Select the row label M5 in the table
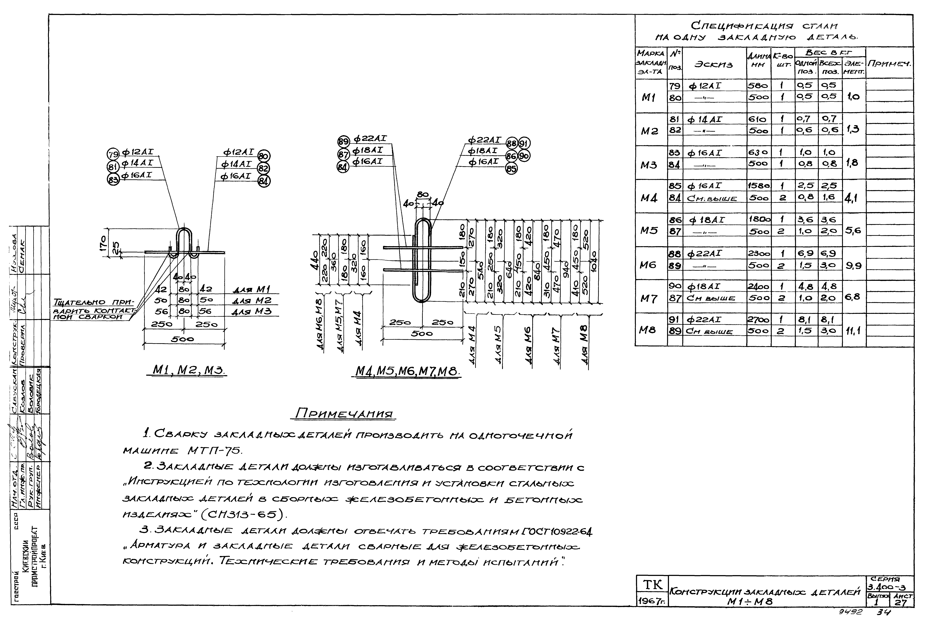[x=649, y=231]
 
